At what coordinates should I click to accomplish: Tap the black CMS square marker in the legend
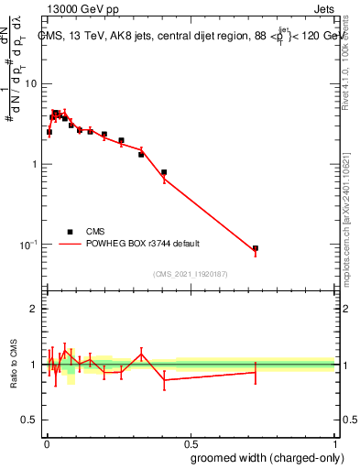[x=70, y=232]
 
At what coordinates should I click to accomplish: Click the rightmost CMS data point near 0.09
[x=256, y=248]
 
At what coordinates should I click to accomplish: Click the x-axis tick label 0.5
[x=190, y=442]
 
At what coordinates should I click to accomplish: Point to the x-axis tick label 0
[x=45, y=442]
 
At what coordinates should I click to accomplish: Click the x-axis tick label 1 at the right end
[x=334, y=442]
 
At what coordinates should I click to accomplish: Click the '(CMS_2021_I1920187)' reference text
[x=190, y=274]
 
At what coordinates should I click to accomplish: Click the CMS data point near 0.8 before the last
[x=164, y=172]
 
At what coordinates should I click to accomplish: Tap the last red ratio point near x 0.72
[x=256, y=372]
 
